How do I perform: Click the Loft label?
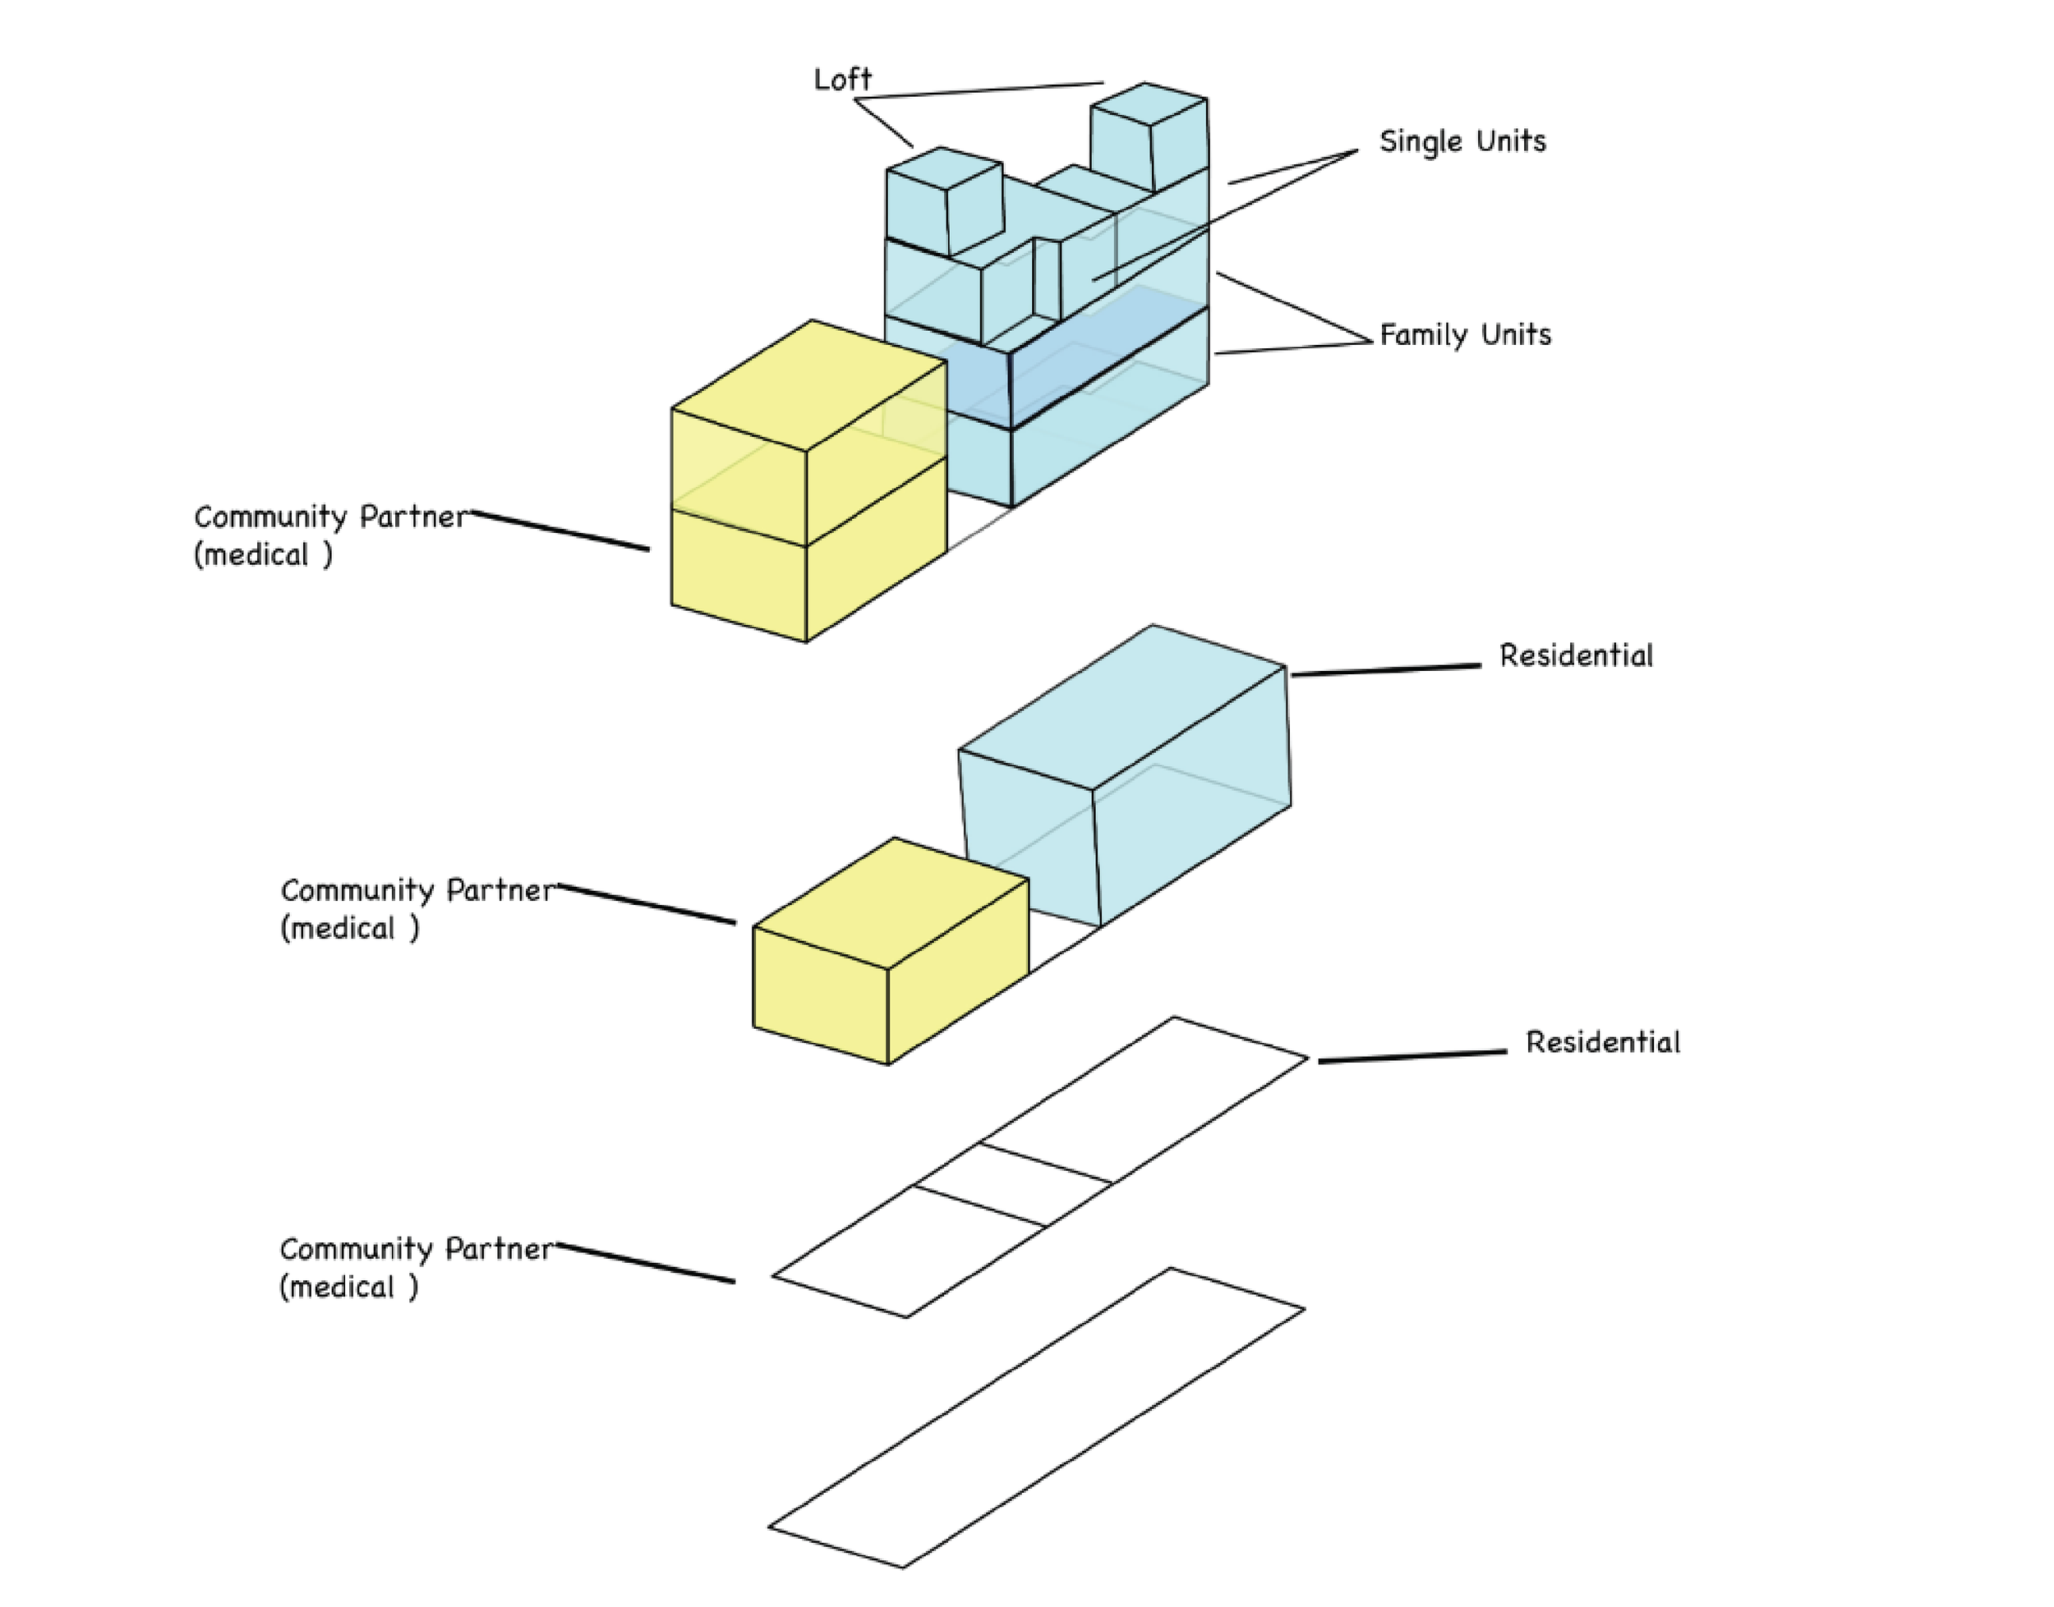842,79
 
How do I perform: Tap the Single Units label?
1462,141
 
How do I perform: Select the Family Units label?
1465,335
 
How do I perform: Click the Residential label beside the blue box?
1576,656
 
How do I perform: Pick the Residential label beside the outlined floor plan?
1602,1043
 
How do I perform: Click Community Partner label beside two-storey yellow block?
329,535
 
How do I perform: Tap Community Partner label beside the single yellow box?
417,909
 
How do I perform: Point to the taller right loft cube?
1149,137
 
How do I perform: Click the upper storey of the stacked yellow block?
808,433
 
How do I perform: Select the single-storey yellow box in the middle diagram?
891,950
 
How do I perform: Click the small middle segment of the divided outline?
1013,1186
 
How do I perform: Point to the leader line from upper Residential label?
1386,670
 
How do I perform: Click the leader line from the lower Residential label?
1412,1057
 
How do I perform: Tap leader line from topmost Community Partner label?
560,530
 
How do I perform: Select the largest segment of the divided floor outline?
1144,1099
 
